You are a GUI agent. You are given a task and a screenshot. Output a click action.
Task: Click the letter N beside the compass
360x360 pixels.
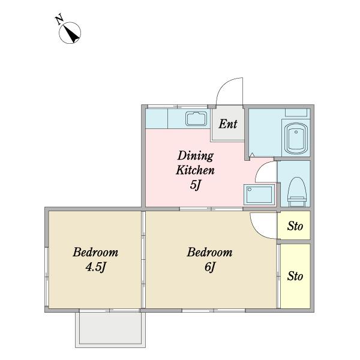[60, 19]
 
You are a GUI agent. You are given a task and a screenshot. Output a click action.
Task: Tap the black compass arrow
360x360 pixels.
[72, 34]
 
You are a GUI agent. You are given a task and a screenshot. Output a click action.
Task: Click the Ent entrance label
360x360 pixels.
[228, 124]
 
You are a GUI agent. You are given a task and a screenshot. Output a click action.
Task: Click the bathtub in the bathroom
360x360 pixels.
[296, 139]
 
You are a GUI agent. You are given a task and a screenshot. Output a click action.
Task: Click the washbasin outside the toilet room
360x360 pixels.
[259, 194]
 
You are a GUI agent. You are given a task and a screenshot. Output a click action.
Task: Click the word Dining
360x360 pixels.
[196, 156]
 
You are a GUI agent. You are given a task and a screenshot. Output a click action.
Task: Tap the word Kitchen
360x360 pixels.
[195, 170]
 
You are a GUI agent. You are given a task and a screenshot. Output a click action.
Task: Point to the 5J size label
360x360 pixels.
[196, 184]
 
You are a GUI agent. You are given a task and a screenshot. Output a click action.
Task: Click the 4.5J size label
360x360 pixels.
[95, 267]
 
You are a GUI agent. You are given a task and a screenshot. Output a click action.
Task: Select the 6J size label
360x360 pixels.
[210, 267]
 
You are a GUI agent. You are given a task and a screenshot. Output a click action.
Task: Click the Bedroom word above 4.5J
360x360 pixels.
[95, 252]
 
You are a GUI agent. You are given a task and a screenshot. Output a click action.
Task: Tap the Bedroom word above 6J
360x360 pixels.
[209, 252]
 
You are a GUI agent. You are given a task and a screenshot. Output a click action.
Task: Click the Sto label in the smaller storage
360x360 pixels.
[295, 226]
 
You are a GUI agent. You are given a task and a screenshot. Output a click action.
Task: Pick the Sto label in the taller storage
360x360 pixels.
[295, 276]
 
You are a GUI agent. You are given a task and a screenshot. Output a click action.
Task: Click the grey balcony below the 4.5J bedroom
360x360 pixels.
[110, 328]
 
